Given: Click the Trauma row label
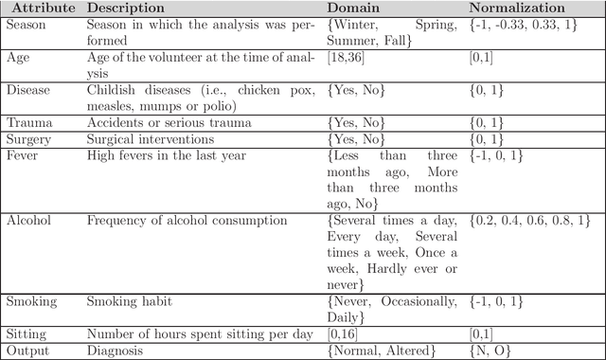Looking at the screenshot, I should click(29, 122).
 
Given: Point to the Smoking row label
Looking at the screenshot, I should click(31, 301).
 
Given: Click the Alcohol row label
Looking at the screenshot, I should click(29, 220).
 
